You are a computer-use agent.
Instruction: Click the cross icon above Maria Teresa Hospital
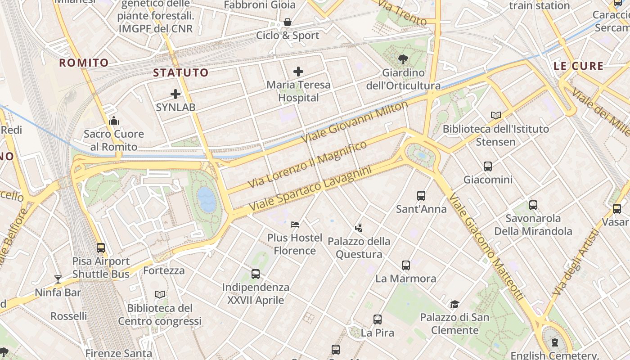tap(298, 72)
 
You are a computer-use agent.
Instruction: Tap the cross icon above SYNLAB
tap(175, 94)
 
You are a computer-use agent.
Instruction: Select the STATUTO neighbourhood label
tap(181, 72)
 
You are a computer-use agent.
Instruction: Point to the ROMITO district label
tap(84, 63)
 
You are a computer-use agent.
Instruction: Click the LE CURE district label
tap(578, 66)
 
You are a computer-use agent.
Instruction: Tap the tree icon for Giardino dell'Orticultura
tap(403, 59)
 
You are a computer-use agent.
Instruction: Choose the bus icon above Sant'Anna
tap(421, 196)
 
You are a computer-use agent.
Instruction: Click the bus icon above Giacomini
tap(488, 166)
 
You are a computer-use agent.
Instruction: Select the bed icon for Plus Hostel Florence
tap(295, 224)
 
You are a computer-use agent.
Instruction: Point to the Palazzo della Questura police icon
tap(359, 228)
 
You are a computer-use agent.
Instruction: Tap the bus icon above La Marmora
tap(406, 265)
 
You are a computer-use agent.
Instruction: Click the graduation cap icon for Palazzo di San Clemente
tap(454, 304)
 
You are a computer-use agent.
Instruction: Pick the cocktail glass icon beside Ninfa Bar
tap(58, 279)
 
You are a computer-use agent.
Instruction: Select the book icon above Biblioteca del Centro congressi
tap(160, 295)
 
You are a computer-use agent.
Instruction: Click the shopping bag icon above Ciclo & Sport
tap(288, 22)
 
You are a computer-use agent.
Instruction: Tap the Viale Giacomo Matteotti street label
tap(486, 247)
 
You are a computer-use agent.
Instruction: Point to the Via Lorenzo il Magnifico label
tap(308, 164)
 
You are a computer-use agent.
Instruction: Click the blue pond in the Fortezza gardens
tap(207, 199)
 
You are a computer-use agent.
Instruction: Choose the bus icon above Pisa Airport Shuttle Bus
tap(101, 247)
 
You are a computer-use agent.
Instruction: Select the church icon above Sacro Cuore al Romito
tap(114, 121)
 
